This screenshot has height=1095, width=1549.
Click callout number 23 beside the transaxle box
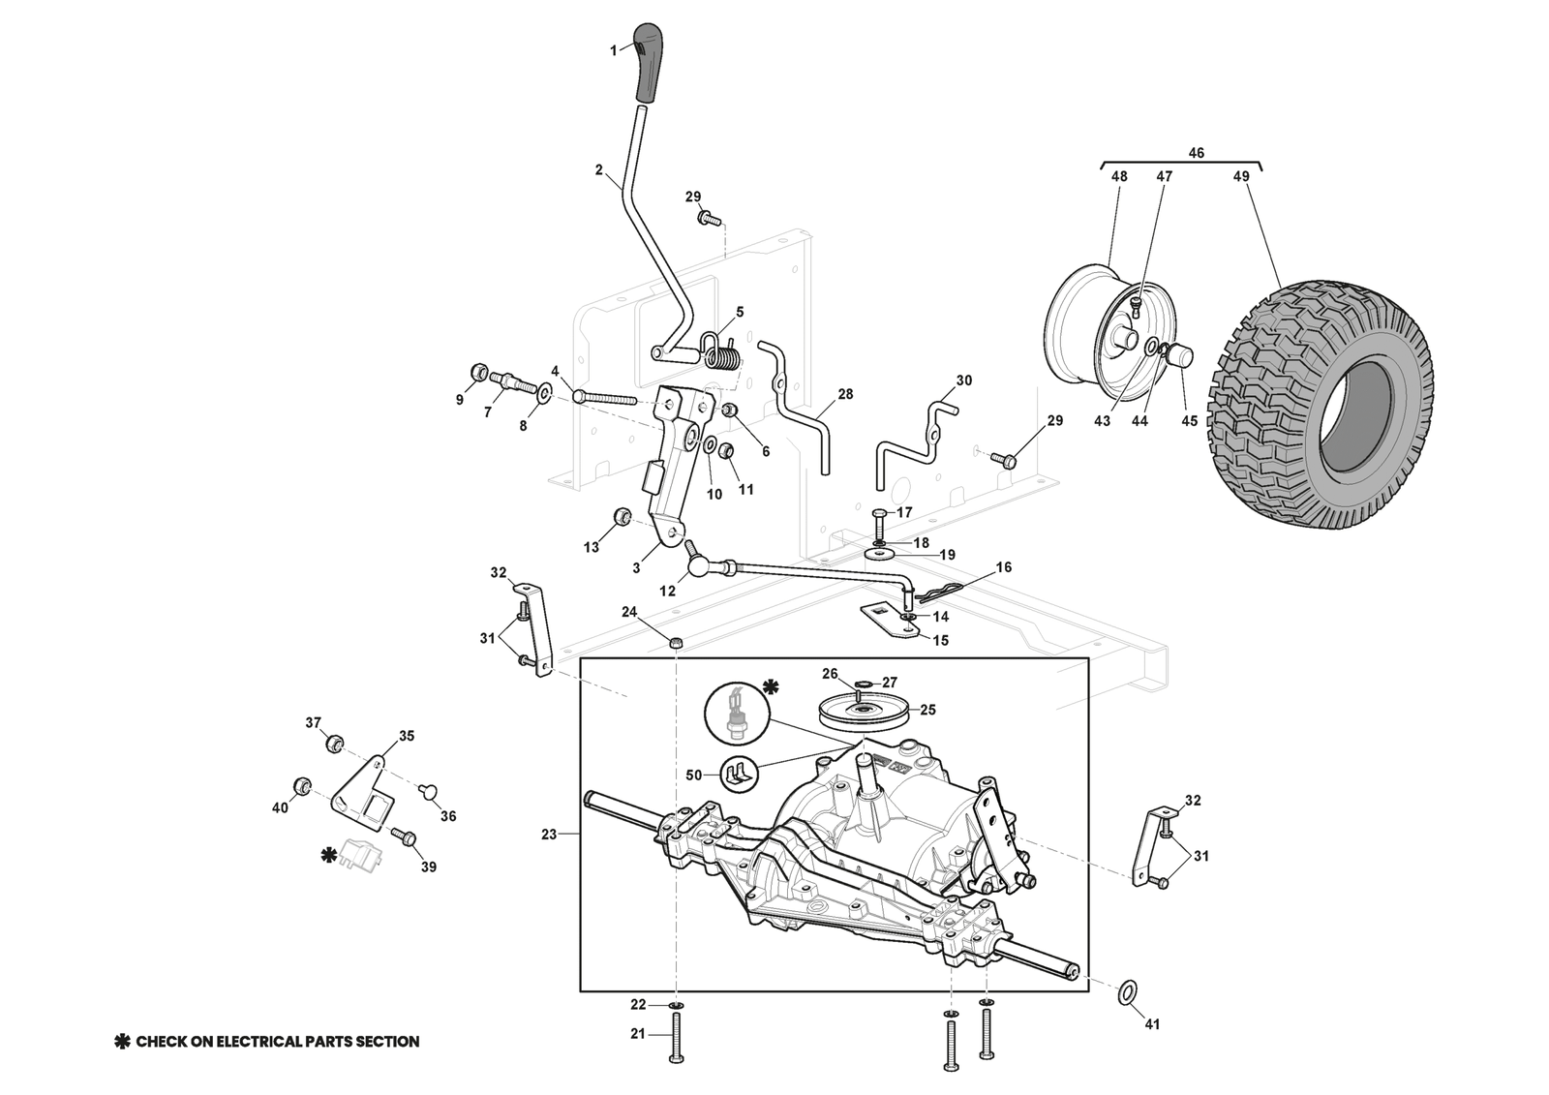pyautogui.click(x=549, y=834)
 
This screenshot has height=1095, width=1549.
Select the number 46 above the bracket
pyautogui.click(x=1196, y=153)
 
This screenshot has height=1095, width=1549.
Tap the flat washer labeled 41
pyautogui.click(x=1126, y=991)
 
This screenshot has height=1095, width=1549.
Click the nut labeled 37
pyautogui.click(x=334, y=743)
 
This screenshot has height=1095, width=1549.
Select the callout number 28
pyautogui.click(x=846, y=395)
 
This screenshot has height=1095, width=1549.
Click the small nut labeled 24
pyautogui.click(x=677, y=643)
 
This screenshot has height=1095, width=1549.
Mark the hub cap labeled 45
pyautogui.click(x=1179, y=356)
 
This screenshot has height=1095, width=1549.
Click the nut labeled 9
pyautogui.click(x=478, y=373)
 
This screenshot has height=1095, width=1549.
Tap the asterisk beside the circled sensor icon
pyautogui.click(x=770, y=686)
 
